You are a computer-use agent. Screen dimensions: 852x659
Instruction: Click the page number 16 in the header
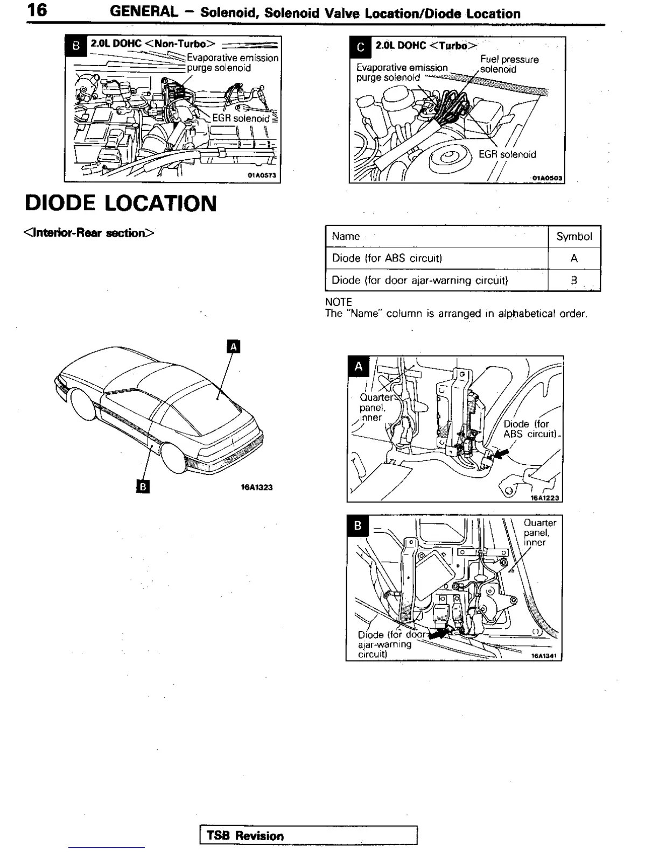click(37, 11)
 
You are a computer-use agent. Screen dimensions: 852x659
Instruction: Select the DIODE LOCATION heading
click(121, 203)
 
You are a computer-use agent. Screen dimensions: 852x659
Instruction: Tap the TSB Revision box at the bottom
click(308, 835)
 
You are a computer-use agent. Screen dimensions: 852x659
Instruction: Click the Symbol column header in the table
click(574, 236)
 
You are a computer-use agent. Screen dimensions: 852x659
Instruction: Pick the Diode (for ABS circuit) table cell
click(387, 258)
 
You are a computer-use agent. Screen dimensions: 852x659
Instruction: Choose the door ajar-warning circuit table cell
click(419, 280)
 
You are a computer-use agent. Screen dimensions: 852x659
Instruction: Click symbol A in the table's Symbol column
click(574, 258)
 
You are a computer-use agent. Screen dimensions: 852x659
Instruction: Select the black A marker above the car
click(233, 347)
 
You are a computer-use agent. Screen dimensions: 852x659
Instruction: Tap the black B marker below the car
click(143, 487)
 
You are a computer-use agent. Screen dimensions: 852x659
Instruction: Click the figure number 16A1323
click(256, 487)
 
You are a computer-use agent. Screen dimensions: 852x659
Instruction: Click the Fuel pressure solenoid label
click(509, 64)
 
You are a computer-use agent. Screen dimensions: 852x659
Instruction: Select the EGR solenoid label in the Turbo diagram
click(507, 154)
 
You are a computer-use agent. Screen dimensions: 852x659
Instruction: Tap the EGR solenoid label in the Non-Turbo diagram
click(240, 118)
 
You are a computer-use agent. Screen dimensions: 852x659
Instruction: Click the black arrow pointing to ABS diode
click(500, 455)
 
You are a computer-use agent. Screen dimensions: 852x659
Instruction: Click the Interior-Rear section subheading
click(89, 233)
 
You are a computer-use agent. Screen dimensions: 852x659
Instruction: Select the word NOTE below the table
click(338, 302)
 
